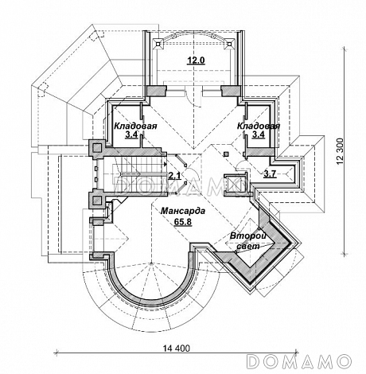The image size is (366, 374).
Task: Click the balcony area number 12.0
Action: tap(197, 60)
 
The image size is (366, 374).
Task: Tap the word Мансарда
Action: tap(183, 211)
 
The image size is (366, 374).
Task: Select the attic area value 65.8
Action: tap(183, 221)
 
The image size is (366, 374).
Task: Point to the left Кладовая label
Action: tap(135, 126)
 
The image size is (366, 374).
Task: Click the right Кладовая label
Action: tap(259, 126)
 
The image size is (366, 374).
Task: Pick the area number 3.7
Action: tap(270, 173)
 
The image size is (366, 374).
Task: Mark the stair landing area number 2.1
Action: tap(175, 175)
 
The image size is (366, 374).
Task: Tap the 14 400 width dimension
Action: tap(177, 348)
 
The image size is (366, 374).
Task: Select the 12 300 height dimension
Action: tap(341, 151)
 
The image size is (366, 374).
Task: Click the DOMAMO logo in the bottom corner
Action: tap(299, 361)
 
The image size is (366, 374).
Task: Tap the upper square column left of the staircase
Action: tap(96, 147)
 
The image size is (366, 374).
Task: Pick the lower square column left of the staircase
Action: tap(96, 200)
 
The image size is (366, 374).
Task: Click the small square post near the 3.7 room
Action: tap(226, 154)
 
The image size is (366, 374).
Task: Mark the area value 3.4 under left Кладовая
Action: tap(131, 134)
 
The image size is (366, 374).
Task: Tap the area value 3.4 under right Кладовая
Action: tap(259, 134)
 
